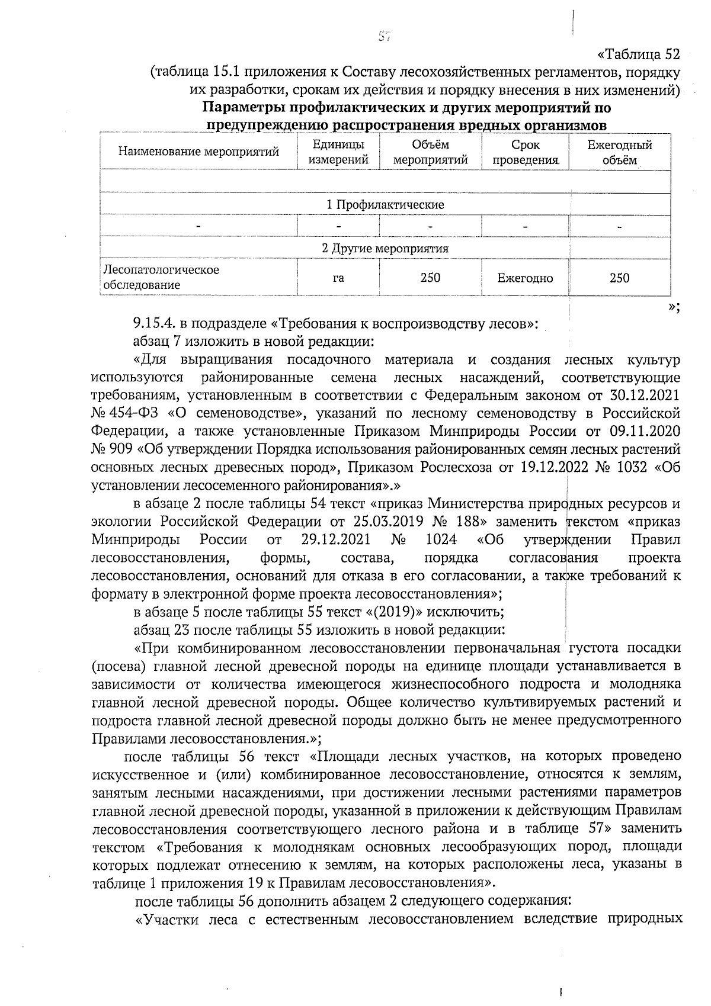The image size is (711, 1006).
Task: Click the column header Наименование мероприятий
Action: point(198,152)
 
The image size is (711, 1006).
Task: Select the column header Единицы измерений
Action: point(338,152)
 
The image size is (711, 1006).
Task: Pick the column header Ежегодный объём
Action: point(619,152)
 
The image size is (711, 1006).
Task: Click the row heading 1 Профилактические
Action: point(385,205)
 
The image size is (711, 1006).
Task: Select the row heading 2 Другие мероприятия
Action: point(385,248)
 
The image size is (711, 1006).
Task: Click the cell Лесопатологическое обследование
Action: point(161,277)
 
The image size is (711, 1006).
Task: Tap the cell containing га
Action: point(338,278)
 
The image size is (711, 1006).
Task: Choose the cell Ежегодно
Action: point(525,278)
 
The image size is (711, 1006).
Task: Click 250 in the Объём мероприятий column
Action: point(430,278)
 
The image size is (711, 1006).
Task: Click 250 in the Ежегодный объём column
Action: point(619,278)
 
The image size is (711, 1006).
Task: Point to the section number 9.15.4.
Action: point(155,324)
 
